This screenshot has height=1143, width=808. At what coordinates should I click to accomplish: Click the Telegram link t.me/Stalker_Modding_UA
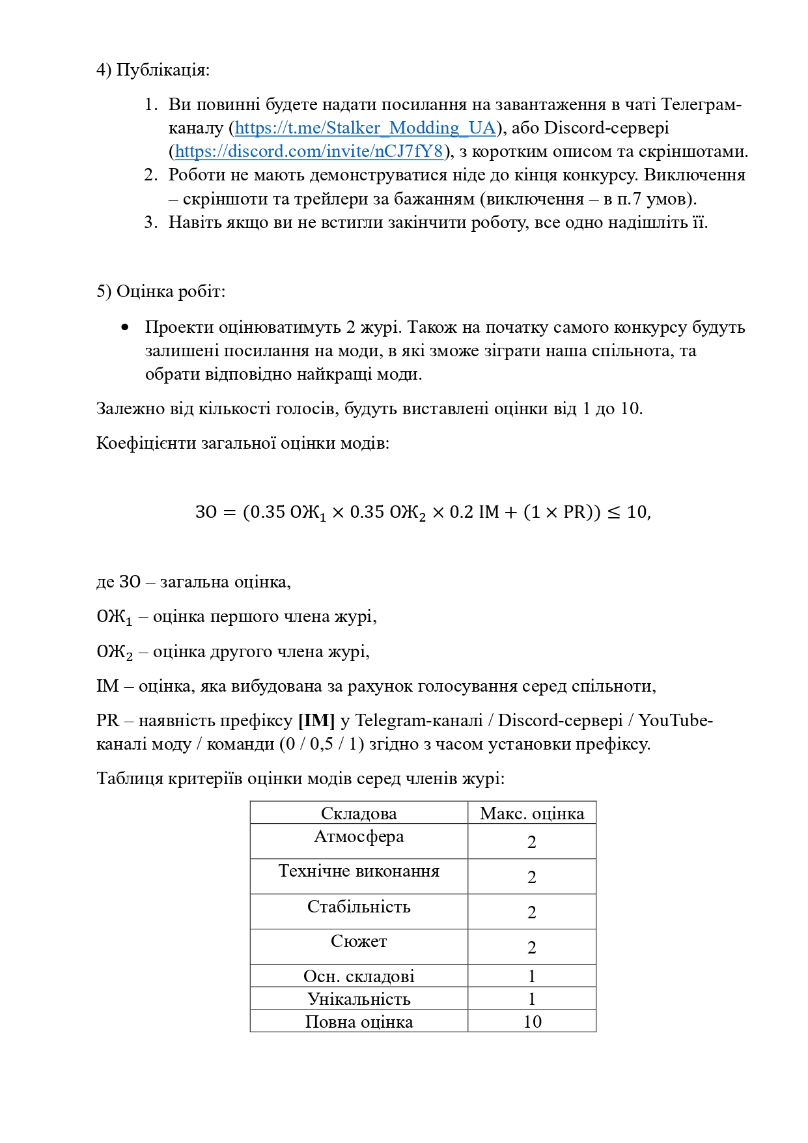pyautogui.click(x=365, y=128)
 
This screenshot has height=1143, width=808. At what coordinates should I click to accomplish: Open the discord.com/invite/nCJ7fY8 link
pyautogui.click(x=309, y=151)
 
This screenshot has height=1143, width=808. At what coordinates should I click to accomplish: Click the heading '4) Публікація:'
pyautogui.click(x=153, y=70)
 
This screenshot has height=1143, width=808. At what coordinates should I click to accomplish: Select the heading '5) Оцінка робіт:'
pyautogui.click(x=161, y=291)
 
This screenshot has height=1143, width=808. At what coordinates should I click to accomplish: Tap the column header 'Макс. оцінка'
pyautogui.click(x=531, y=813)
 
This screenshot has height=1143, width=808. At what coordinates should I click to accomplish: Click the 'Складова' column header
pyautogui.click(x=359, y=813)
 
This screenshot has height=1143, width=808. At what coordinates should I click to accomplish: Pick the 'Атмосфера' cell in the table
pyautogui.click(x=359, y=837)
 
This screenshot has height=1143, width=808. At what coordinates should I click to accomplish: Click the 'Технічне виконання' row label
pyautogui.click(x=359, y=871)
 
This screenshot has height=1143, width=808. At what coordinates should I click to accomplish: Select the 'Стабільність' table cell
pyautogui.click(x=359, y=907)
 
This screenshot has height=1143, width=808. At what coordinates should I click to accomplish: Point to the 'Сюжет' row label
pyautogui.click(x=359, y=942)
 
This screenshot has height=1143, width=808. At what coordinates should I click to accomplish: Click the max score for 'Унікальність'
pyautogui.click(x=531, y=999)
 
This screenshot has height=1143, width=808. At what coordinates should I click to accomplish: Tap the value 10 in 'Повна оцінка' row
pyautogui.click(x=532, y=1022)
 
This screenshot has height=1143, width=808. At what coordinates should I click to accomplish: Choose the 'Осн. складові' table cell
pyautogui.click(x=359, y=976)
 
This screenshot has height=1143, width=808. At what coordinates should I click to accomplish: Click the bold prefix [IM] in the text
pyautogui.click(x=316, y=721)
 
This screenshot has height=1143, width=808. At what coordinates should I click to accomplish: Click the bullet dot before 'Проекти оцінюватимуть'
pyautogui.click(x=125, y=328)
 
